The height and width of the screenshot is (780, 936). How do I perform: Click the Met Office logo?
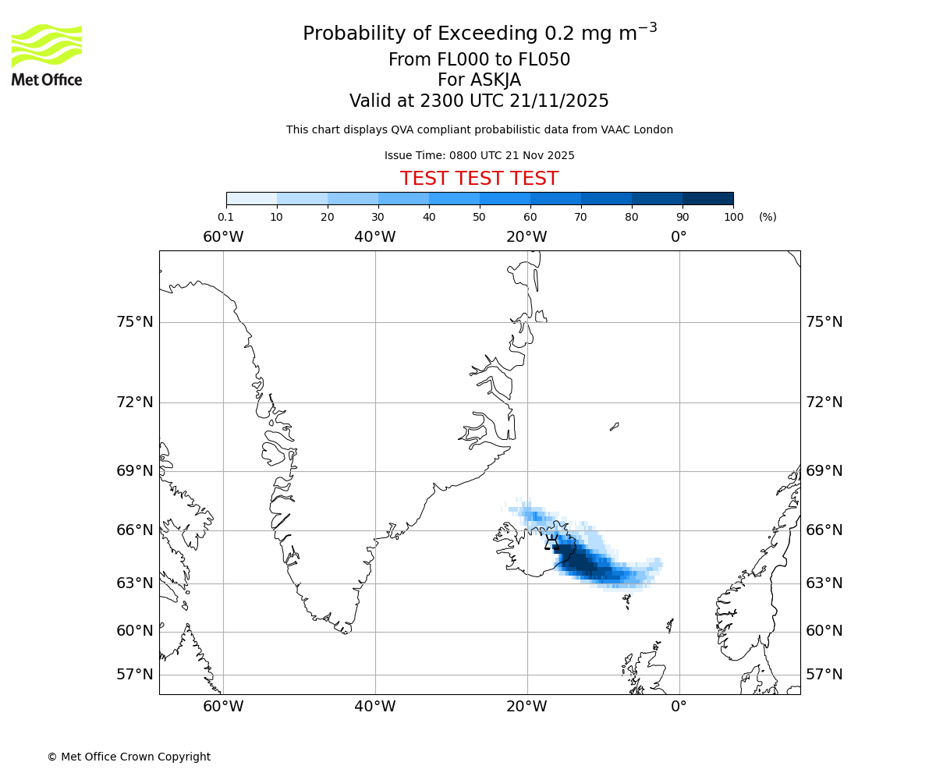click(x=47, y=55)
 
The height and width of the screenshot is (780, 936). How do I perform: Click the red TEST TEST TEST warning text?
click(x=479, y=179)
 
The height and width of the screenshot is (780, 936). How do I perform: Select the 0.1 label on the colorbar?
click(x=225, y=217)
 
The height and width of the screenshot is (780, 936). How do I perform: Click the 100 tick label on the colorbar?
click(x=733, y=217)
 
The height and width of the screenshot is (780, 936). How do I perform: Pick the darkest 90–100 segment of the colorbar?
click(x=707, y=198)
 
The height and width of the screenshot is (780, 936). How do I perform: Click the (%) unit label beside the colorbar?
click(x=768, y=217)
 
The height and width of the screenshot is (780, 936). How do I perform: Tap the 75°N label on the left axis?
click(x=135, y=322)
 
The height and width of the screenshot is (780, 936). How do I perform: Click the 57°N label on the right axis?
click(x=824, y=675)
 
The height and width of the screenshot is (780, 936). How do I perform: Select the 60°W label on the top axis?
click(x=223, y=236)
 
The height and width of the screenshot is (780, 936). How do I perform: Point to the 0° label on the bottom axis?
click(x=679, y=707)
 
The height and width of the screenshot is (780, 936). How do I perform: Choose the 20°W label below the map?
click(x=526, y=707)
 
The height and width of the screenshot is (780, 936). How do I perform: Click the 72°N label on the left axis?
click(x=135, y=402)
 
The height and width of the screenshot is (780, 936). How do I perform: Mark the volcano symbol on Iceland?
click(x=551, y=542)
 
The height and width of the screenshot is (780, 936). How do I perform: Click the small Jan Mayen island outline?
click(x=615, y=426)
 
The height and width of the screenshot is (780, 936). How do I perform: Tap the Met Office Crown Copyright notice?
click(x=129, y=757)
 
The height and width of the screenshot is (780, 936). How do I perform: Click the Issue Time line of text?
click(x=479, y=155)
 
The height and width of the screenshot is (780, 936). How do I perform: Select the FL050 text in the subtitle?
click(x=544, y=60)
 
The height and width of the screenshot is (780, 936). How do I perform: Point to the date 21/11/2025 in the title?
click(x=559, y=101)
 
